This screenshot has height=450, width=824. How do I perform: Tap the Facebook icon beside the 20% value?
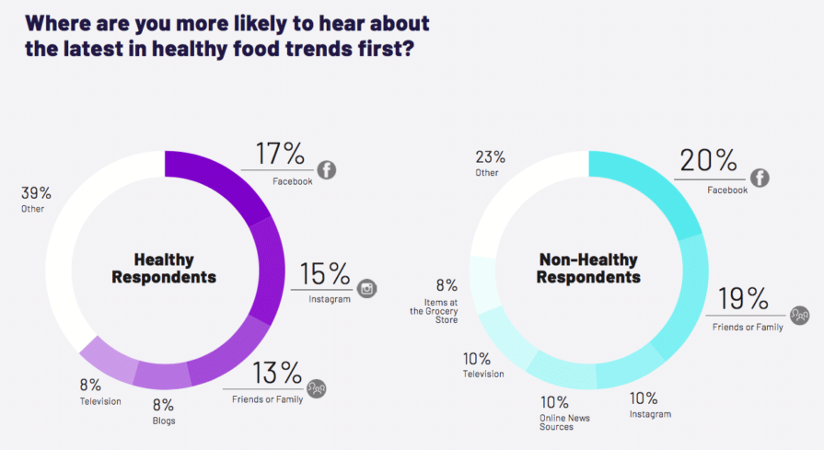(760, 179)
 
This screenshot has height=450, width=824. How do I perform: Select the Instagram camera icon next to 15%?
(368, 288)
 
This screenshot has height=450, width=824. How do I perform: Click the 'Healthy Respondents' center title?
(164, 268)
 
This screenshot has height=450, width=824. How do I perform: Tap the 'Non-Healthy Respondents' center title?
(589, 268)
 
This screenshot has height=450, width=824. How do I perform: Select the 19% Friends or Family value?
(743, 299)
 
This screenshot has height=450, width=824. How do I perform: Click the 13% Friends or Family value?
(276, 373)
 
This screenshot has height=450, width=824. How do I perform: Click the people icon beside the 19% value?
(800, 317)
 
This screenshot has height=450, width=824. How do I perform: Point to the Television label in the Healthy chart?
(99, 401)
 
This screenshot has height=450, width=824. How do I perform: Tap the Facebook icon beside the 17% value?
(326, 169)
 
